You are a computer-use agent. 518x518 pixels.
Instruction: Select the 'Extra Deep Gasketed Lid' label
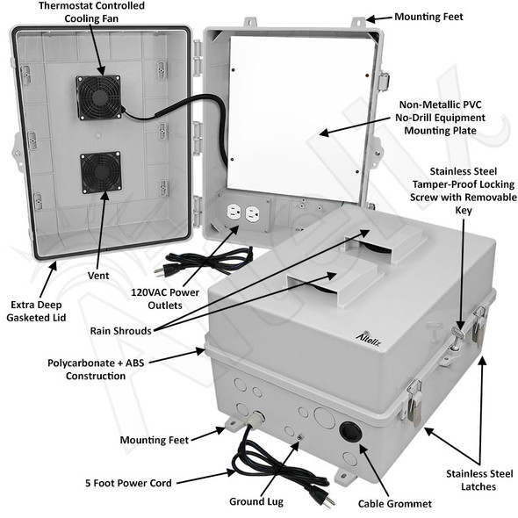coord(36,311)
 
